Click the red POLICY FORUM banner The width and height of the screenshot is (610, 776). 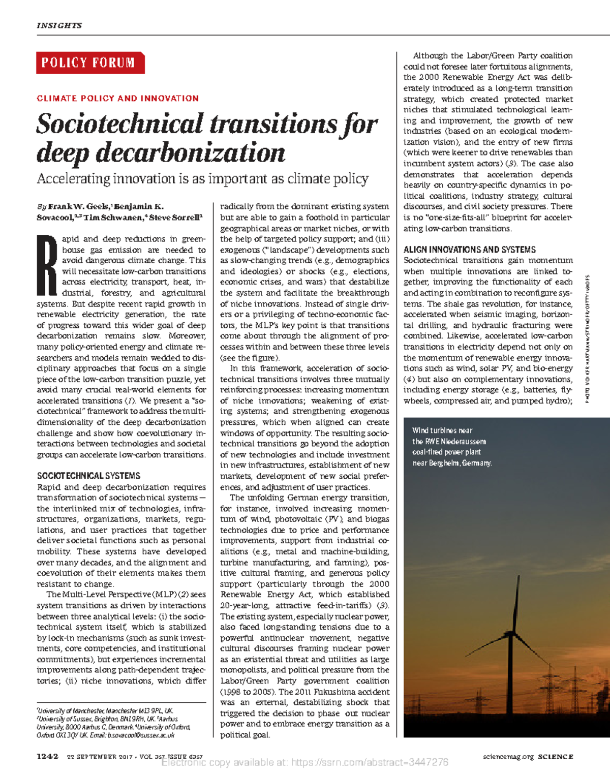89,63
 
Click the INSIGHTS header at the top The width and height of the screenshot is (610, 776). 59,25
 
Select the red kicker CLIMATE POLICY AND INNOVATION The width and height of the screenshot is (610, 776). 117,99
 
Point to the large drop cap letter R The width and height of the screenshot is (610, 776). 46,266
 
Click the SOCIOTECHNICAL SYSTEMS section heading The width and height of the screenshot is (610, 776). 88,476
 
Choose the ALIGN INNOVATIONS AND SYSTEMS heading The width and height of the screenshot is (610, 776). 469,250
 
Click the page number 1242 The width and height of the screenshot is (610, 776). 48,757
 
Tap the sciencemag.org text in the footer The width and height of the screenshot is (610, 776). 508,757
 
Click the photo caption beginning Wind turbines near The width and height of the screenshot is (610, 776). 451,447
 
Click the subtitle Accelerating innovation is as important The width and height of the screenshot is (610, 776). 202,179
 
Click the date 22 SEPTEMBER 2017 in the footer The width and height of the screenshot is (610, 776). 99,757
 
